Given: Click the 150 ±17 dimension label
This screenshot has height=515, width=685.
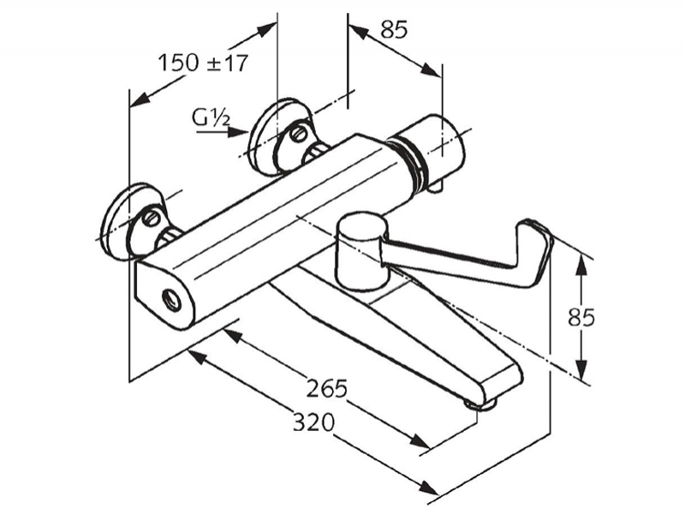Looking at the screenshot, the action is click(x=203, y=63).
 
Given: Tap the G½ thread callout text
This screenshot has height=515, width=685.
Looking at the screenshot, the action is click(x=211, y=117).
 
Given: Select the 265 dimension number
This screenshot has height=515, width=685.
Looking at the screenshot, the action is click(x=326, y=388).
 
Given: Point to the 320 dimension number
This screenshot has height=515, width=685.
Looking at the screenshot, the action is click(x=313, y=422).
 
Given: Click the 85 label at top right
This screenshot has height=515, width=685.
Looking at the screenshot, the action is click(x=394, y=30).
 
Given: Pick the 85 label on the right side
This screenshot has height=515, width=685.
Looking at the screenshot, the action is click(x=581, y=317).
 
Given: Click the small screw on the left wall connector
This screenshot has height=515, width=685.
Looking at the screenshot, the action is click(x=152, y=219).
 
